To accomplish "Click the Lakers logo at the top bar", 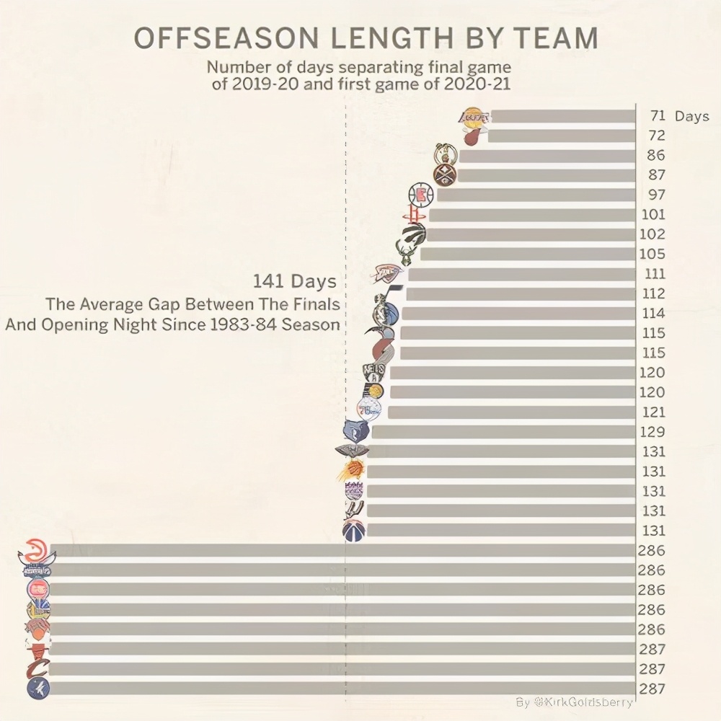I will tap(474, 115).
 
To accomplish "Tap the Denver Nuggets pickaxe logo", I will tap(446, 174).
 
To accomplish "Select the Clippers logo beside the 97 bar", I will tap(421, 194).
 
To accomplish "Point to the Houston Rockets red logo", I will tap(413, 214).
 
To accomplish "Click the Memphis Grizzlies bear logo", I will tap(357, 430).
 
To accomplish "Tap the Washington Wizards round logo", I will tap(354, 530).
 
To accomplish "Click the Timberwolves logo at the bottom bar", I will tap(37, 688).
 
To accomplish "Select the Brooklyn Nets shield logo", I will tap(375, 372).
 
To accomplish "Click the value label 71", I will tap(657, 115).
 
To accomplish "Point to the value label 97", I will tap(657, 195).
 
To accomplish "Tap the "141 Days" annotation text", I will tap(294, 280).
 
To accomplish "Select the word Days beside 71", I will tap(692, 116).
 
